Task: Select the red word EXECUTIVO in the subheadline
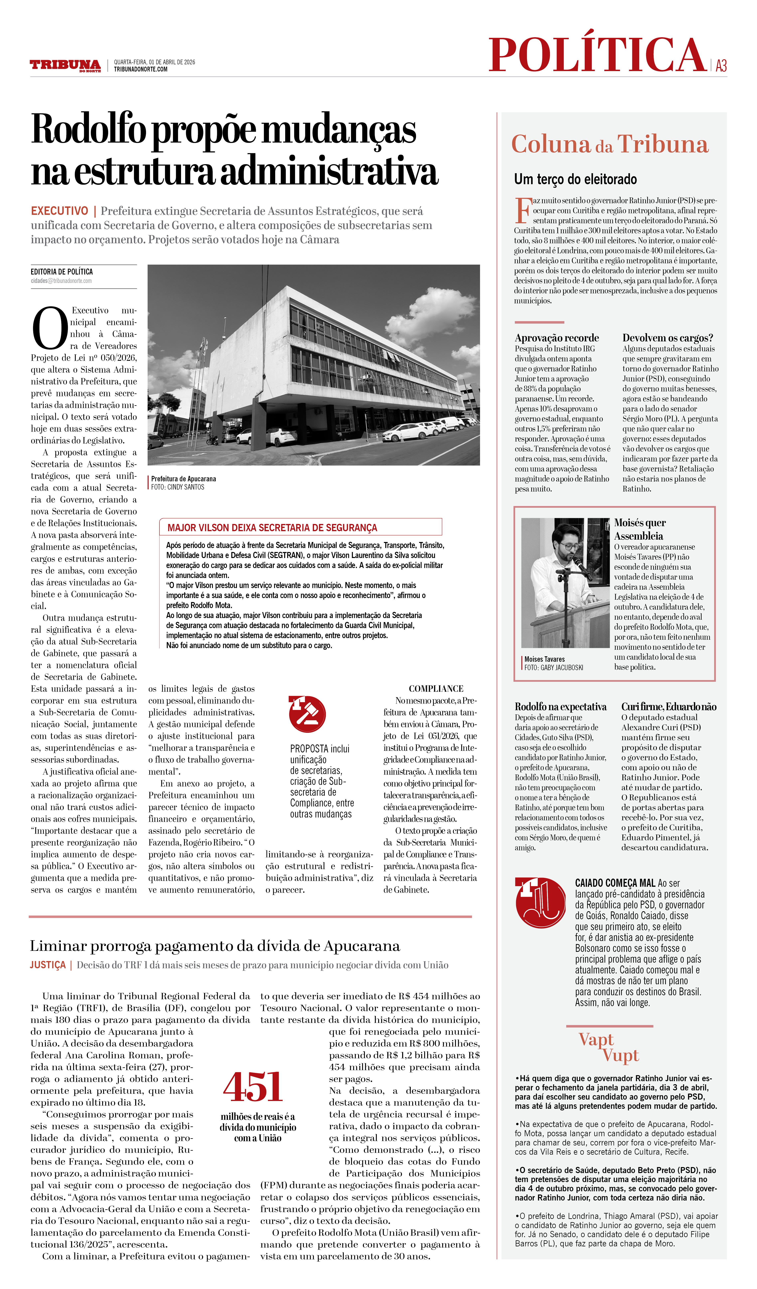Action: point(59,211)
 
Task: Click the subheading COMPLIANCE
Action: point(436,689)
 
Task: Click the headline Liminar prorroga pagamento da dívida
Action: point(215,946)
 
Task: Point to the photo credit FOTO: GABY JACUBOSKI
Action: point(553,668)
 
